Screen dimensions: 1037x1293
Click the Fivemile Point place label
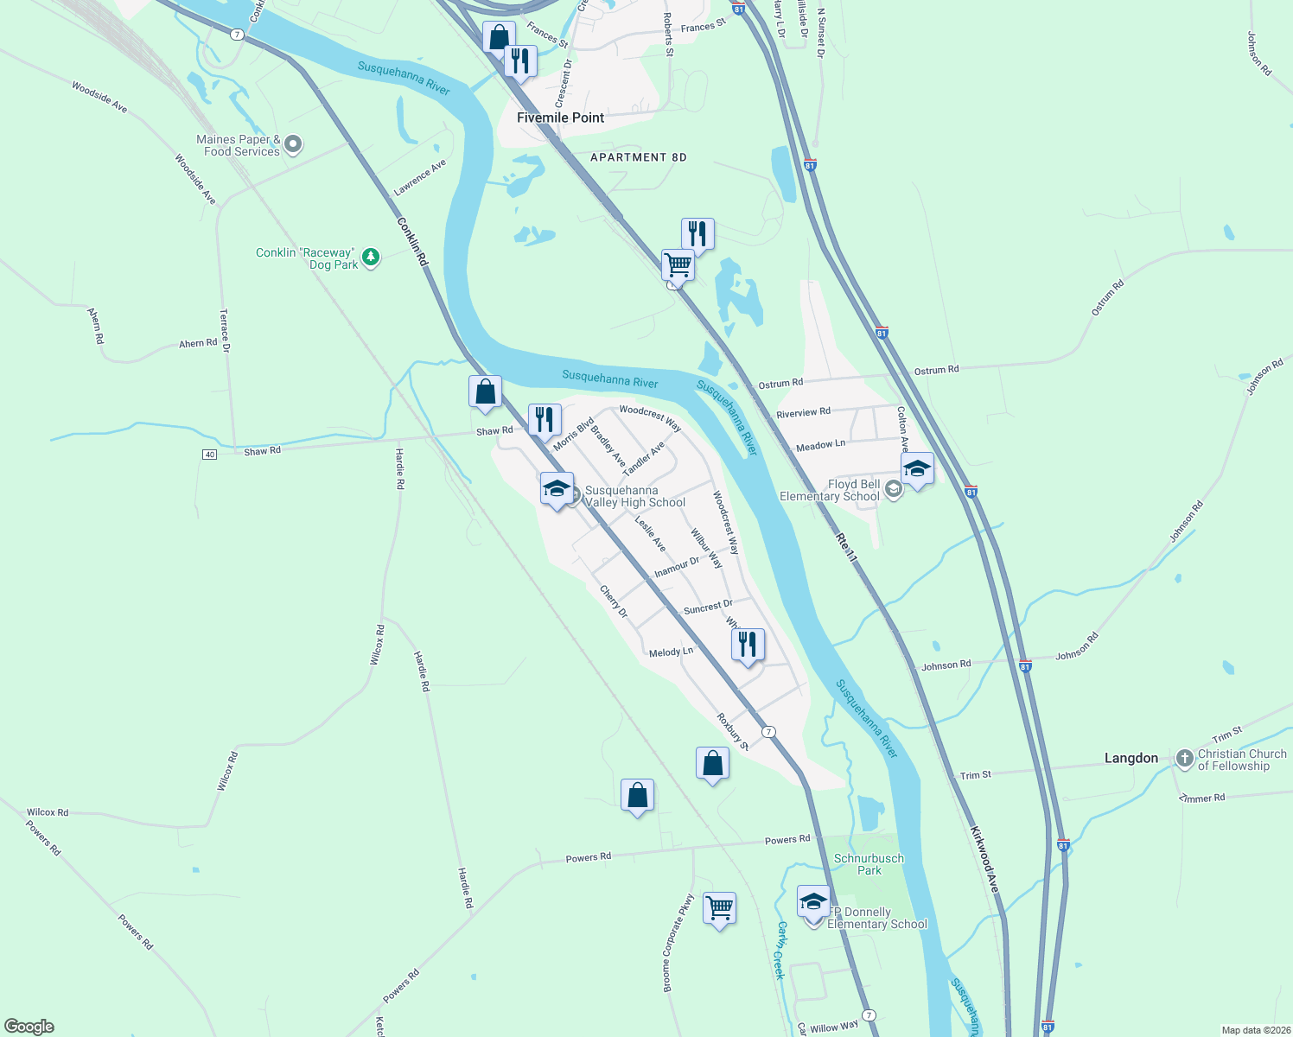[560, 118]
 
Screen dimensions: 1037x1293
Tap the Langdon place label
[1131, 758]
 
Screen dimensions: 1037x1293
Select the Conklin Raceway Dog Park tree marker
[371, 257]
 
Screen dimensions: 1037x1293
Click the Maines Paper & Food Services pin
[293, 144]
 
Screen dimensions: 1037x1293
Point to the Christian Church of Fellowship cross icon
[1184, 758]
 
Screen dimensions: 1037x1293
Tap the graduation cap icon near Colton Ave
[916, 469]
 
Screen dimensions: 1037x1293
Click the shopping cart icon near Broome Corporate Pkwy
[719, 909]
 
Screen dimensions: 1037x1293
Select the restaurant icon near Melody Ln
[748, 645]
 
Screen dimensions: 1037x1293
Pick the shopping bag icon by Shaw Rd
[486, 392]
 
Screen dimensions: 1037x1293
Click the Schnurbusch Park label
[869, 864]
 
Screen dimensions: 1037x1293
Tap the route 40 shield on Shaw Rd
[209, 455]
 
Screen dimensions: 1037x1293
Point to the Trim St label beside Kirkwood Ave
[975, 775]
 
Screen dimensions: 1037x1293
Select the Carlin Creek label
[780, 950]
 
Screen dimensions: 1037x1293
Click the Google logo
[29, 1026]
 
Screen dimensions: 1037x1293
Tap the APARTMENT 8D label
[638, 157]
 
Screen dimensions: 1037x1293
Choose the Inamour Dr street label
[676, 567]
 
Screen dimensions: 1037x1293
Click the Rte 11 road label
[845, 548]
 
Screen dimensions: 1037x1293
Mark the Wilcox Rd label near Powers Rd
[48, 812]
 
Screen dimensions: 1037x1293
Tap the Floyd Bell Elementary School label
[829, 490]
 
